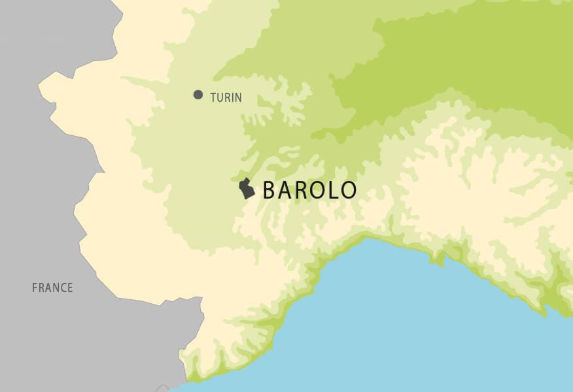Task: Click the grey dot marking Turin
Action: coord(198,95)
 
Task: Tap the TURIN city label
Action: coord(226,98)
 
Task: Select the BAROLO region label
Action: coord(309,190)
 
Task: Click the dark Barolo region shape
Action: coord(247,189)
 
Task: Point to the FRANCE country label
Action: coord(52,287)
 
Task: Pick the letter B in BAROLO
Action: coord(269,190)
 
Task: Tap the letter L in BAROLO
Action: coord(332,190)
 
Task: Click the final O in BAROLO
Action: coord(347,190)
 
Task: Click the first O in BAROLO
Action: coord(316,190)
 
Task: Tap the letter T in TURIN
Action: coord(213,98)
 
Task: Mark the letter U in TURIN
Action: coord(219,98)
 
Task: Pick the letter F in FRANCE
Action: coord(35,287)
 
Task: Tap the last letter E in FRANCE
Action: coord(70,287)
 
